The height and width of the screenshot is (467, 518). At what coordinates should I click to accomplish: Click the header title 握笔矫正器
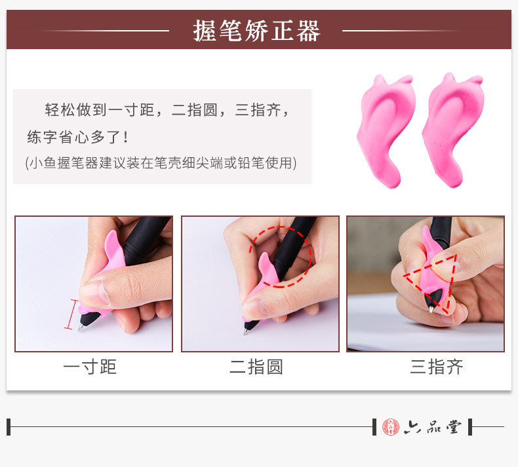[256, 30]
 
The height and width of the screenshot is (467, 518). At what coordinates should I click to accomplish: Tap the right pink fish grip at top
[453, 130]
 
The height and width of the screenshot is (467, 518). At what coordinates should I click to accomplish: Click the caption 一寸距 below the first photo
[90, 367]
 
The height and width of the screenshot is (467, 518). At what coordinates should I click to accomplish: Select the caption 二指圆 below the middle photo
[256, 367]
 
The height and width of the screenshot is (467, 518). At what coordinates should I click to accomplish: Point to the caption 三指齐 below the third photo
[437, 367]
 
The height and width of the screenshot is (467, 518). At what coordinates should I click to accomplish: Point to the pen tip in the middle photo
[245, 331]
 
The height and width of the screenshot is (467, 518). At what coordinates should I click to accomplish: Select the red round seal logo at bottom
[391, 427]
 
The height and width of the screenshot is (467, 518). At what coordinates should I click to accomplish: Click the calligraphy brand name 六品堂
[433, 427]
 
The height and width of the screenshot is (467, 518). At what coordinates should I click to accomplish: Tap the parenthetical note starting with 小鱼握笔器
[161, 162]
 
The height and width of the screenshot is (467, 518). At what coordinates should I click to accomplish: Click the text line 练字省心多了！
[78, 137]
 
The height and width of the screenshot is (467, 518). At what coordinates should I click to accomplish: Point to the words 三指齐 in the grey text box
[258, 110]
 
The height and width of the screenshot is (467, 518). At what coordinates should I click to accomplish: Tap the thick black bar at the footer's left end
[9, 427]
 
